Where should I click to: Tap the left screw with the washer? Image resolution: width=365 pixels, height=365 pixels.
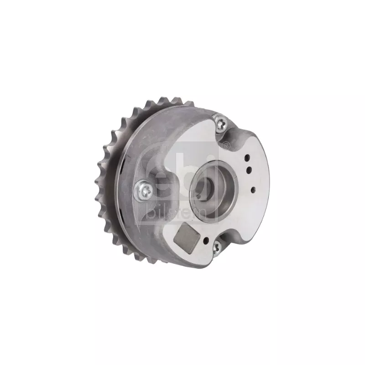(144, 190)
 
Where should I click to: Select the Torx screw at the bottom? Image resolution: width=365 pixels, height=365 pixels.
(216, 247)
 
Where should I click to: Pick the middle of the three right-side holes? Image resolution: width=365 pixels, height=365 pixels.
(249, 169)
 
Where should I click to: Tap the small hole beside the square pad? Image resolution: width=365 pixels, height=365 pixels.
(206, 239)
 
